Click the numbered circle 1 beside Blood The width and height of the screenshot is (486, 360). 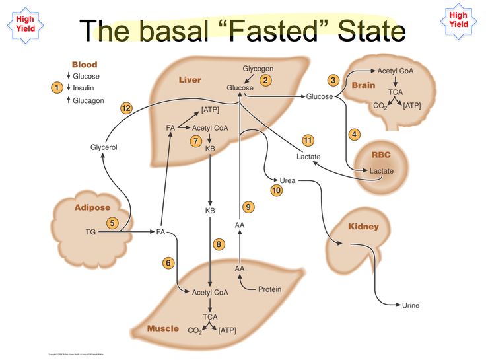[x=57, y=87]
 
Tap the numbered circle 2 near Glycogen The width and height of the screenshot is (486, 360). [x=265, y=81]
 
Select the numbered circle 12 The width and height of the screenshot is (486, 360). [x=127, y=108]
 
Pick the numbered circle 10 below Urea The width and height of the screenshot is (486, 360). [x=277, y=190]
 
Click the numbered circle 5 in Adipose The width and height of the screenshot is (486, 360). [x=112, y=223]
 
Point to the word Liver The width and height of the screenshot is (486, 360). [x=190, y=80]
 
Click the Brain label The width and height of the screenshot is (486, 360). [x=363, y=85]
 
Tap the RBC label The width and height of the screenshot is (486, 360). [x=381, y=156]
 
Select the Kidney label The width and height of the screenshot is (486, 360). [x=364, y=227]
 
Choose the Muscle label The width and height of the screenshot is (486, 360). [x=163, y=328]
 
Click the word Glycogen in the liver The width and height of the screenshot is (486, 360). [x=258, y=69]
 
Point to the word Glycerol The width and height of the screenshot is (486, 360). [x=104, y=147]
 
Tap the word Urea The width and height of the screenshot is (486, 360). [x=287, y=180]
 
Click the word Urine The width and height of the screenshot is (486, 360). [x=411, y=305]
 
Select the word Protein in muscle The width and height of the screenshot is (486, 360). [x=269, y=289]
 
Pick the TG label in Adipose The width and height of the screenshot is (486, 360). [x=90, y=232]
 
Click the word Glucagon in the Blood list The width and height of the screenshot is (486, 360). [x=88, y=100]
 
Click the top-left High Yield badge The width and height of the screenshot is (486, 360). [x=26, y=24]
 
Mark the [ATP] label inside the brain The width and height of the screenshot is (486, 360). [x=411, y=105]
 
